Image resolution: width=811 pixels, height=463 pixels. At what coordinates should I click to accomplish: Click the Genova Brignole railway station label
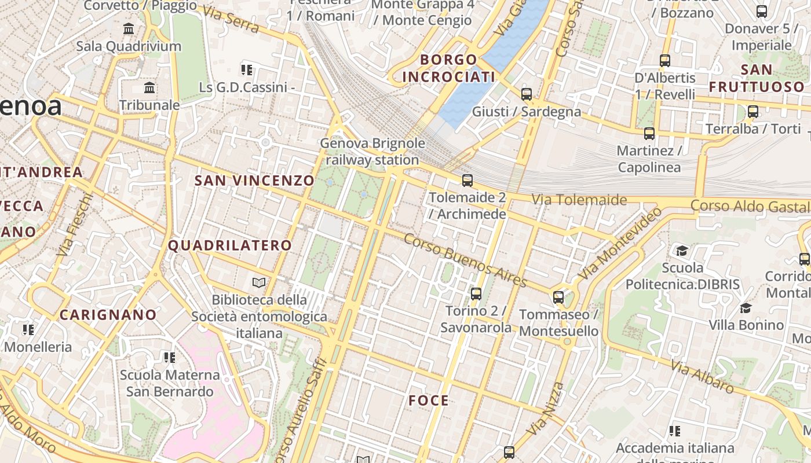[372, 152]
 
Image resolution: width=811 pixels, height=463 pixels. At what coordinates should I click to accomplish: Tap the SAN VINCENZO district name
[254, 181]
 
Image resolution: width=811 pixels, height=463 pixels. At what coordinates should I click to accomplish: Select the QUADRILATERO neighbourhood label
[230, 245]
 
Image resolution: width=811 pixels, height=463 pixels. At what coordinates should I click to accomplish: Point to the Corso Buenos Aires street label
[465, 260]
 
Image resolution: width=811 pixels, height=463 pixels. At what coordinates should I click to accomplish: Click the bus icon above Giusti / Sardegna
[527, 94]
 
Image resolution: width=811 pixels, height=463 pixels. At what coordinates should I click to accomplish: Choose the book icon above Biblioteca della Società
[259, 282]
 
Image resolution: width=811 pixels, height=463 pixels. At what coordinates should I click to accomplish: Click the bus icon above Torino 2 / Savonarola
[476, 293]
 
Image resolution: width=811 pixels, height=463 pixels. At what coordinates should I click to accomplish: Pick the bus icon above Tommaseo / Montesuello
[558, 297]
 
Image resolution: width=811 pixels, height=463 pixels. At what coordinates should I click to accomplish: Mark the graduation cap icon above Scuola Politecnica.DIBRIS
[682, 251]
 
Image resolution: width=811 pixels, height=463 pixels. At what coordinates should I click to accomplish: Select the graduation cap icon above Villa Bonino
[746, 307]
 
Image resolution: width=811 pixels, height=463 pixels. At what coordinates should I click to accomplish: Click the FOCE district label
[429, 400]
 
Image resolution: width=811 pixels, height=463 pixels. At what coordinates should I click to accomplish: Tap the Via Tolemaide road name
[579, 200]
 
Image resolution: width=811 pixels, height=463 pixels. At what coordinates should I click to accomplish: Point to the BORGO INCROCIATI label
[449, 68]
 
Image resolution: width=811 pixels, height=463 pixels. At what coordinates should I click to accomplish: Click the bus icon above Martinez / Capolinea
[649, 134]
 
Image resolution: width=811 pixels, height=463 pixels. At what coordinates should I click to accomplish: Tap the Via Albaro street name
[702, 376]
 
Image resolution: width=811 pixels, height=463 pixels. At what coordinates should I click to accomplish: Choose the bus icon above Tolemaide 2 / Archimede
[467, 181]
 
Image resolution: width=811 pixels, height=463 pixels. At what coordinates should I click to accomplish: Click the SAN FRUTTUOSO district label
[757, 78]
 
